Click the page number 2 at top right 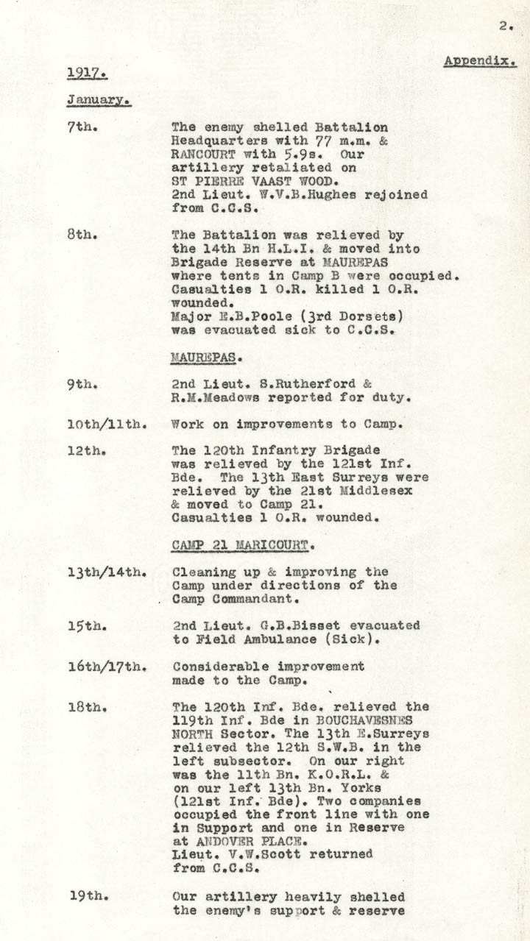(x=504, y=26)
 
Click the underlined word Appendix (x=479, y=60)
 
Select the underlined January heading (x=99, y=99)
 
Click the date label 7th (x=82, y=127)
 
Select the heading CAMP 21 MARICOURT (x=244, y=546)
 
